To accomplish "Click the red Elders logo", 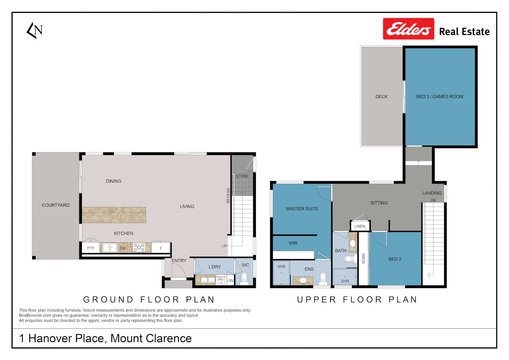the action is [408, 29].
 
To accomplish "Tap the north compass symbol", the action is [35, 31].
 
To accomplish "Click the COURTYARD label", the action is [55, 205].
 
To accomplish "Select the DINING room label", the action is [114, 181].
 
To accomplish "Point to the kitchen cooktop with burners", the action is [139, 247].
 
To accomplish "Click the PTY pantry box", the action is [91, 248].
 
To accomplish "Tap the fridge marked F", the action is [161, 247].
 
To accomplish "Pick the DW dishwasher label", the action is [122, 248].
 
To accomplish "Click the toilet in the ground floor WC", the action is [244, 279].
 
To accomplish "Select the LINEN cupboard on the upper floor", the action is [360, 226].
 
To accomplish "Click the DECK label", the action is [381, 97].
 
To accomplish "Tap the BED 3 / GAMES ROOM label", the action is [440, 97].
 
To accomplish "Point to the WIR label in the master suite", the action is [293, 243].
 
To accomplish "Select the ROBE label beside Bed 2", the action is [363, 258].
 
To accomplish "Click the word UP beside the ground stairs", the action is [224, 246].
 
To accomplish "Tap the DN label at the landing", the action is [433, 200].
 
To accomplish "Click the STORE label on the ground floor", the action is [242, 176].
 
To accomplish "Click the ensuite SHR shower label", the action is [281, 267].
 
